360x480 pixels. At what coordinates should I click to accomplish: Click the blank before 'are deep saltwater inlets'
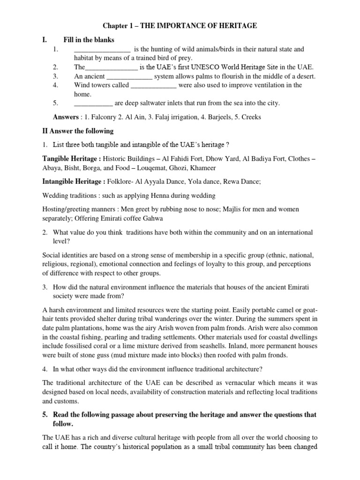[93, 103]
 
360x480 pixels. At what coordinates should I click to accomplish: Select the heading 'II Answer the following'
[78, 131]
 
